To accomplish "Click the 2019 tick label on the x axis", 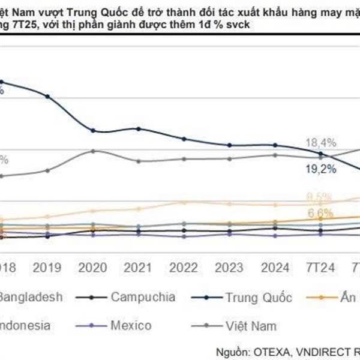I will point(47,266).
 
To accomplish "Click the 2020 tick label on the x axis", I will point(93,266).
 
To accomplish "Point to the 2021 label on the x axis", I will point(139,266).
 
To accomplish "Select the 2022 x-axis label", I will point(184,266).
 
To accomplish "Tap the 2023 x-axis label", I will point(230,266).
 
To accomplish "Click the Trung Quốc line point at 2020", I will point(93,130).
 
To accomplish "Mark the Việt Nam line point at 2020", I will point(93,151).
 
